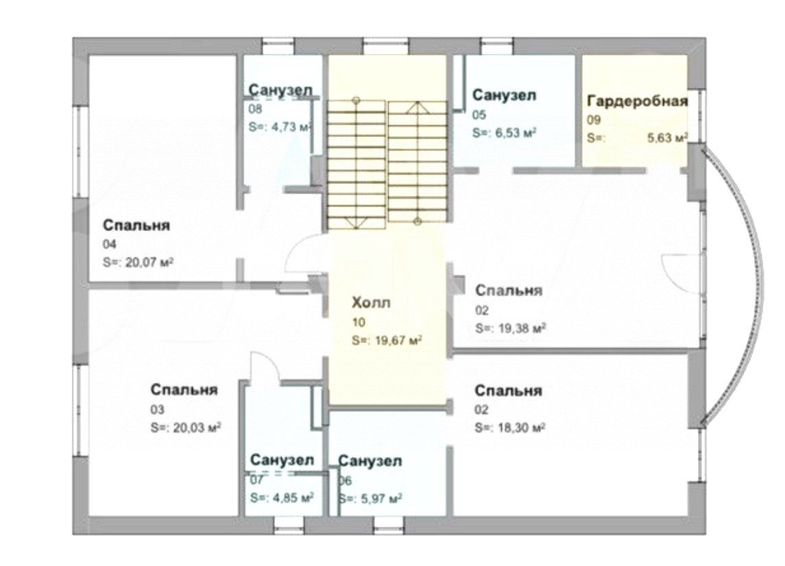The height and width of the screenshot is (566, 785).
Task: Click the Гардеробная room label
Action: coord(637,101)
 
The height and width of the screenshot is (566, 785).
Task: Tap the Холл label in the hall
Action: coord(371,303)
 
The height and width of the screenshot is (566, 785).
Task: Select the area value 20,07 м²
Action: coord(149,262)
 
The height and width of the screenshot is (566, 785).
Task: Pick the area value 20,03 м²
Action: coord(197,428)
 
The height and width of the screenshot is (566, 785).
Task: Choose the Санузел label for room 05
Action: coord(504,95)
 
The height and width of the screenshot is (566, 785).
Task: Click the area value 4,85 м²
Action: coord(292,498)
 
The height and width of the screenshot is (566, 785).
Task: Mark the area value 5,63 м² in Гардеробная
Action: coord(667,138)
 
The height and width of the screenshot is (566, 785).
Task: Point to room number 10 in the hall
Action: coord(359,322)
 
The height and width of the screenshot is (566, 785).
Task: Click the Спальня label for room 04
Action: coord(136,225)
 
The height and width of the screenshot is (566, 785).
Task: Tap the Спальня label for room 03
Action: coord(184,390)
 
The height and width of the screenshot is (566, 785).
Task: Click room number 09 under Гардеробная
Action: coord(594,120)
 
